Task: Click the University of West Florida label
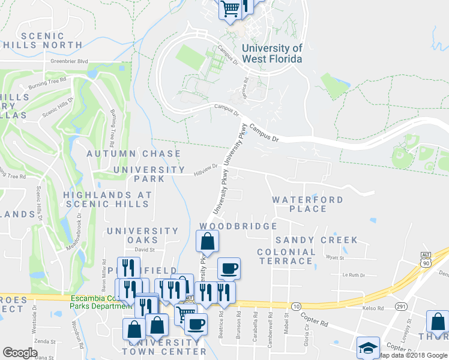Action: click(x=271, y=53)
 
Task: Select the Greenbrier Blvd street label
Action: click(x=69, y=61)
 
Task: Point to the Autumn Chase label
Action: click(x=133, y=154)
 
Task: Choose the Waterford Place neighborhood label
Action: click(x=307, y=204)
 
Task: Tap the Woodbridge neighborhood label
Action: click(x=238, y=226)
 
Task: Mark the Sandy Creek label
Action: click(x=325, y=240)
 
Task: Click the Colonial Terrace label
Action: click(x=286, y=256)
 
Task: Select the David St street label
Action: click(x=145, y=250)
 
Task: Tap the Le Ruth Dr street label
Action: click(x=353, y=275)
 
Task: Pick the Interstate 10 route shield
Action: click(x=296, y=307)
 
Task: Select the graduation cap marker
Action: click(x=369, y=348)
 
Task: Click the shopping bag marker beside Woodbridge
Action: click(x=207, y=241)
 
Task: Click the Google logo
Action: click(x=20, y=352)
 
